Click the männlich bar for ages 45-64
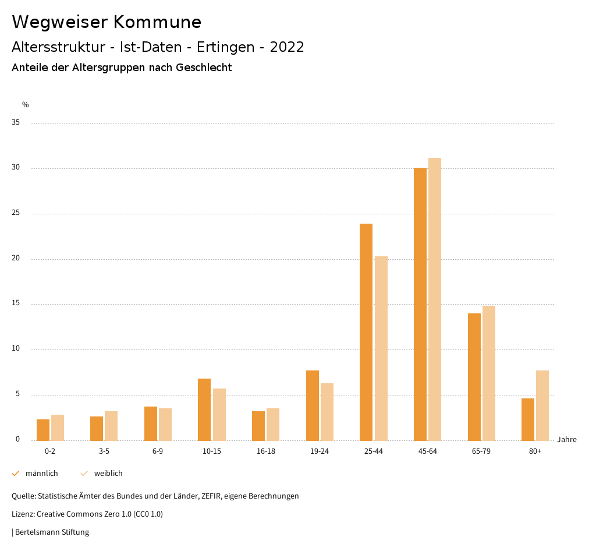point(420,304)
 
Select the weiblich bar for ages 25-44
point(381,348)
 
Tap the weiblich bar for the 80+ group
point(542,405)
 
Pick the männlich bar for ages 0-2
point(43,430)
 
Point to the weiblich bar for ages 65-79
point(489,373)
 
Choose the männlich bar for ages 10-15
point(204,409)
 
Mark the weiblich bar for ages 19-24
point(327,412)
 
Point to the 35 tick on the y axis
point(16,123)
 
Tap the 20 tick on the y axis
point(16,259)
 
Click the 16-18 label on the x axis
point(266,451)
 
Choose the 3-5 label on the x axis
point(104,451)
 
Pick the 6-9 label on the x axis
point(158,451)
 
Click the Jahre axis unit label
point(567,440)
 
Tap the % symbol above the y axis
point(26,105)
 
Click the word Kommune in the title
point(157,22)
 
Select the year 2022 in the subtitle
point(287,47)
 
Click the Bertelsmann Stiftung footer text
point(52,532)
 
